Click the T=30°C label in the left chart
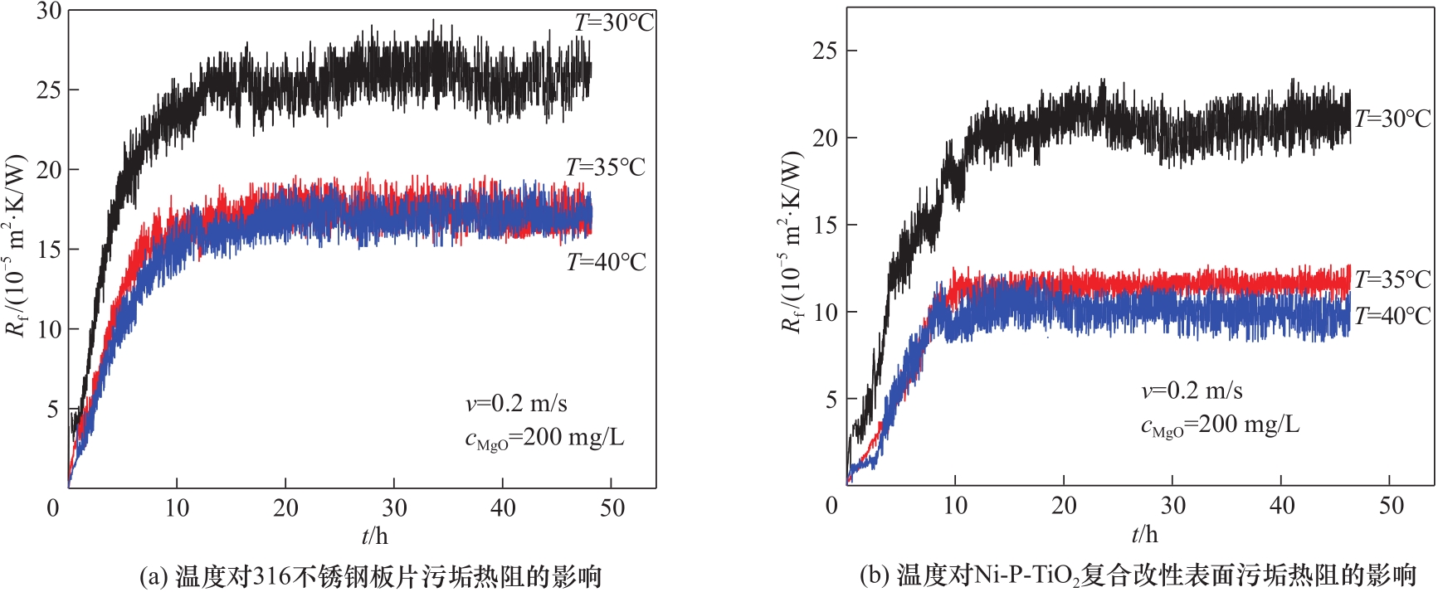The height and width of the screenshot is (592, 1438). [614, 22]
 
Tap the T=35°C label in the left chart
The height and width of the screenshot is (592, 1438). [606, 167]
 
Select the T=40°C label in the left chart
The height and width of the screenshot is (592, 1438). [606, 262]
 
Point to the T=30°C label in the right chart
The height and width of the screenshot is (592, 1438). [1393, 119]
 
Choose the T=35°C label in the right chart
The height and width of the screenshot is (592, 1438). [1393, 279]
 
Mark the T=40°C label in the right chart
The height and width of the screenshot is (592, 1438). [1393, 316]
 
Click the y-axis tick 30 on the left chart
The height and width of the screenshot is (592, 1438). [49, 11]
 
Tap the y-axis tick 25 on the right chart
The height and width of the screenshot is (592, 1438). [825, 51]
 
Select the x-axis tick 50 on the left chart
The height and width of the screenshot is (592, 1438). [612, 507]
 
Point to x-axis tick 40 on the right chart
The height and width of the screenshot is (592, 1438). [1282, 505]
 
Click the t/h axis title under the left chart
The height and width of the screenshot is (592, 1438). [374, 536]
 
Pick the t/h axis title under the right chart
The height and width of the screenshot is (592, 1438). [1144, 533]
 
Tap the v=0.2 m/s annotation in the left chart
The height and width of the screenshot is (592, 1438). [516, 404]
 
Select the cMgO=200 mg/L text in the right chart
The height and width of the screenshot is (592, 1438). [1220, 425]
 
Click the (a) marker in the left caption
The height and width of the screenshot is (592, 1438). [154, 575]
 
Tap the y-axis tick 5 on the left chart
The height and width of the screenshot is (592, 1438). [53, 409]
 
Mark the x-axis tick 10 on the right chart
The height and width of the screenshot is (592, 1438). [955, 505]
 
